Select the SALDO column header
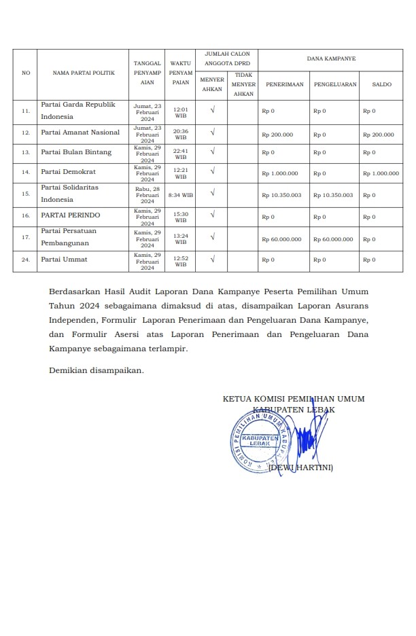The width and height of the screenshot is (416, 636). pos(381,84)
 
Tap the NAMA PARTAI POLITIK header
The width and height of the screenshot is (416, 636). pos(84,73)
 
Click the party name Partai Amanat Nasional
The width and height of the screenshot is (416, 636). pos(80,132)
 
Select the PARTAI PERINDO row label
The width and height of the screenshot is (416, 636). pos(70,215)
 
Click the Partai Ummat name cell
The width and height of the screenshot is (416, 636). pos(64,260)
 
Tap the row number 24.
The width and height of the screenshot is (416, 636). pos(26,260)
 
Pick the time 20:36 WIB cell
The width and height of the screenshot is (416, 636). pos(181,134)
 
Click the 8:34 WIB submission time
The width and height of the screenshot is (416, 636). pos(181,195)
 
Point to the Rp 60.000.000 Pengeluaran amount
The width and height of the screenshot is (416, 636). pos(333,239)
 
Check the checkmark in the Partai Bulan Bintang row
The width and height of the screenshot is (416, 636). pos(213,152)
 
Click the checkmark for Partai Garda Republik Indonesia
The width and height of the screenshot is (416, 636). pos(213,109)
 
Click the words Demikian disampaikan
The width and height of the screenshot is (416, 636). pos(97,370)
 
